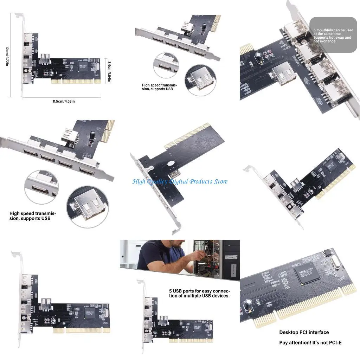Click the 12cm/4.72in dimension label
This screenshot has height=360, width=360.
(7, 56)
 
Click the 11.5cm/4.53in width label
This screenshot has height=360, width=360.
(63, 101)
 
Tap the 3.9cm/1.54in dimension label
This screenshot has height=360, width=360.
(109, 71)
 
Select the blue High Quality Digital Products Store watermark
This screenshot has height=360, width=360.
(180, 181)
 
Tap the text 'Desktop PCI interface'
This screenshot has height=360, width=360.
(304, 332)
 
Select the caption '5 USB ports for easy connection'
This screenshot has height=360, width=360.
(199, 294)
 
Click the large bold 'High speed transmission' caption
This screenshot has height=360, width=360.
(33, 216)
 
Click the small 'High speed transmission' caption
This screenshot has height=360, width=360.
(159, 87)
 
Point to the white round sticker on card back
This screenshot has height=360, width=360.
(171, 163)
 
